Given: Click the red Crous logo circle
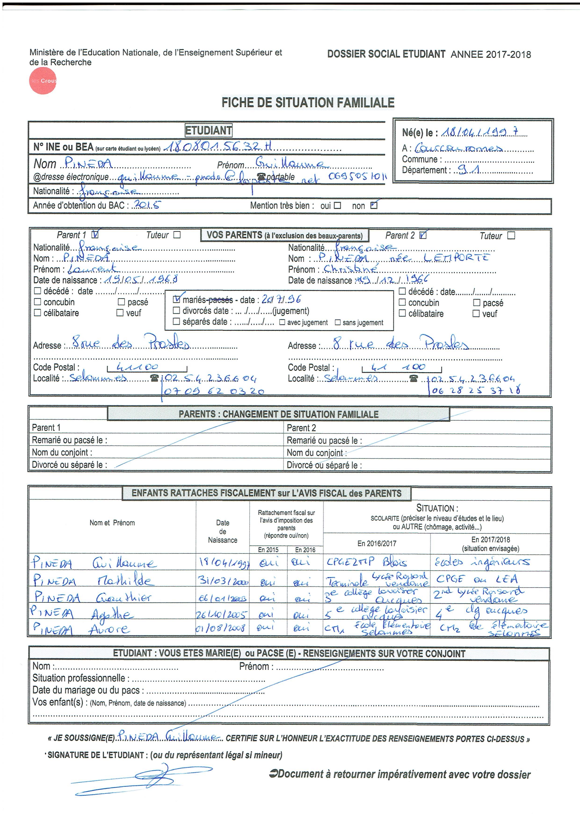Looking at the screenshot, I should point(43,81).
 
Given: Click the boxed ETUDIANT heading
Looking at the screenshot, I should point(208,131).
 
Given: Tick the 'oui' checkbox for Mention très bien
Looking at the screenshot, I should point(337,206).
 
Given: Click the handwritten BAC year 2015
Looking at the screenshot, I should point(147,205).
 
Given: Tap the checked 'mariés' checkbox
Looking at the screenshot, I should point(176,299).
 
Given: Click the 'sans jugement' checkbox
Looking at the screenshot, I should point(337,322).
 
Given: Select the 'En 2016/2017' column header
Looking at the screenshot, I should point(377,544).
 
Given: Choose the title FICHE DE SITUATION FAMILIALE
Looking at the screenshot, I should point(308,103).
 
